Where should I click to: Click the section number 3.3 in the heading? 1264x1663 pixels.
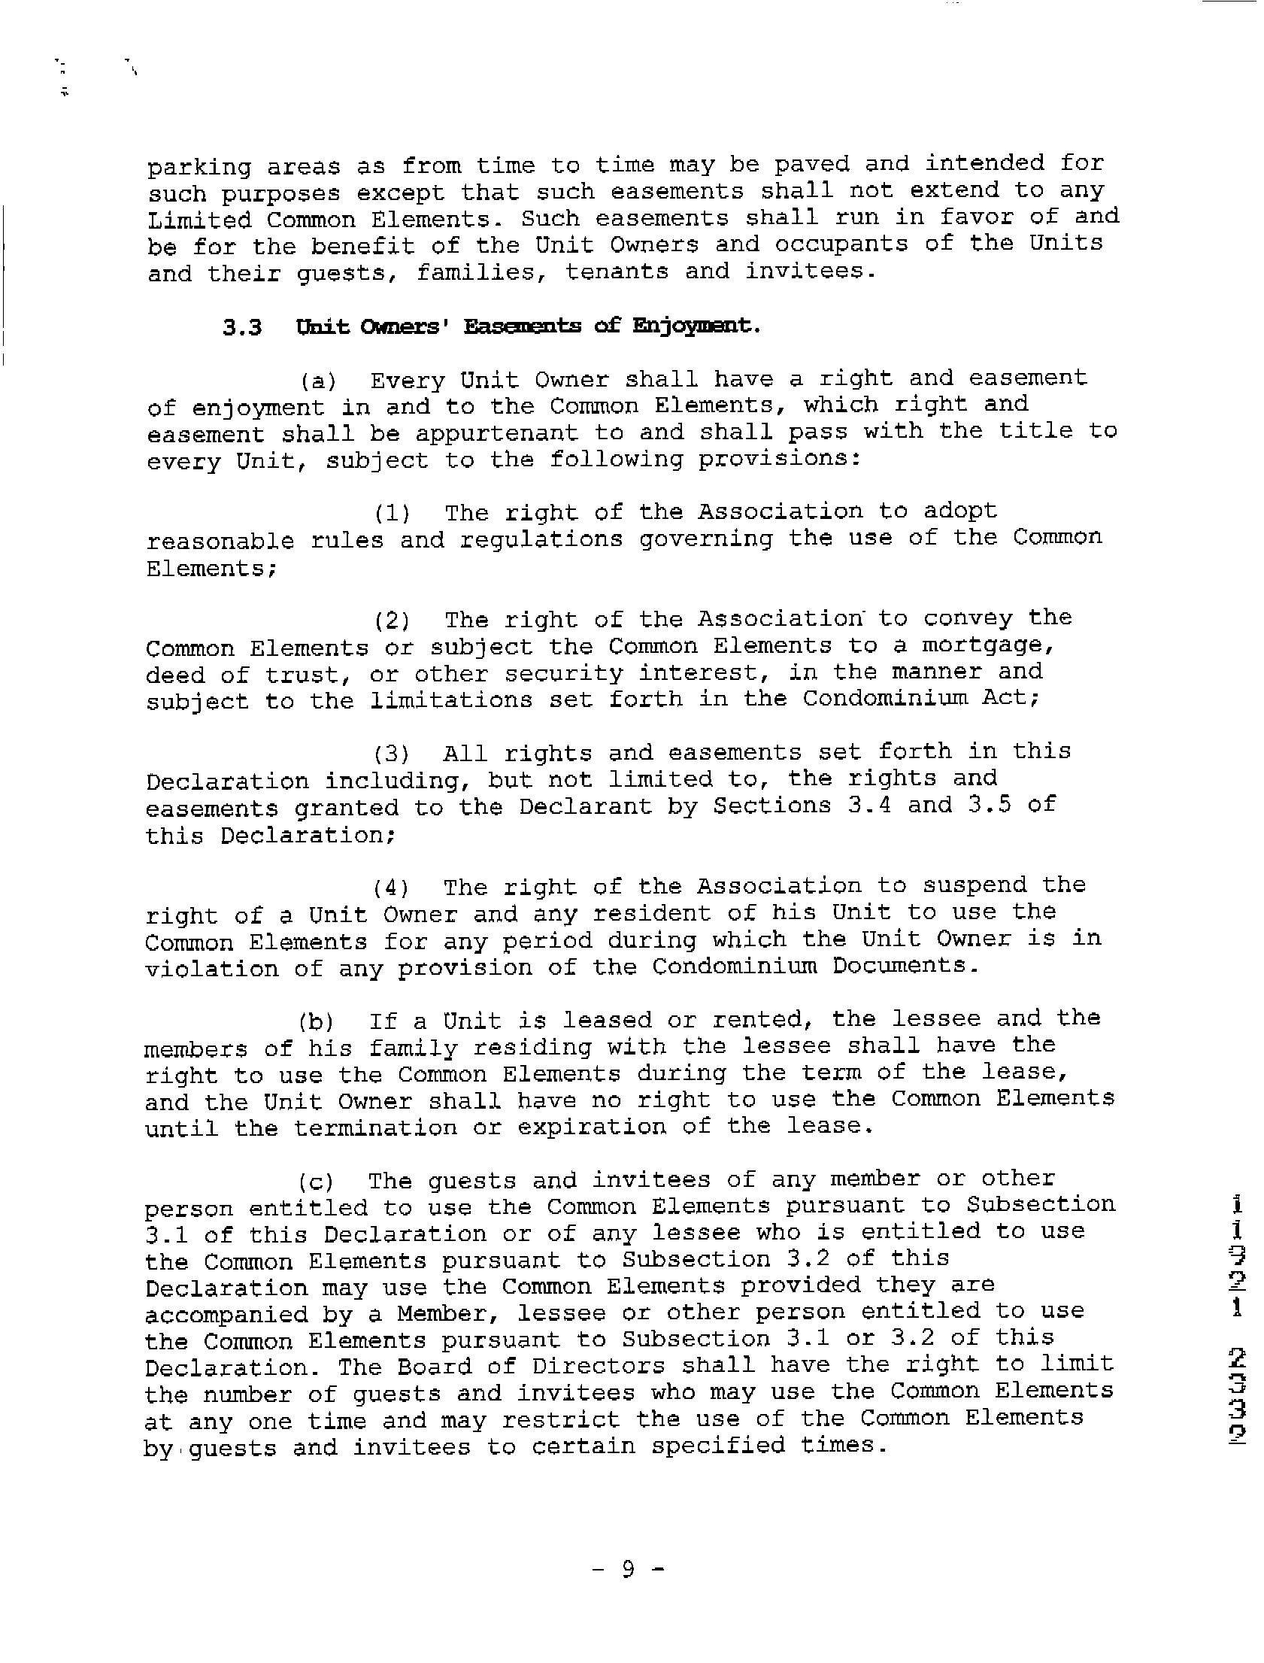(242, 328)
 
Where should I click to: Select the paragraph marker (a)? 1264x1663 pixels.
(318, 381)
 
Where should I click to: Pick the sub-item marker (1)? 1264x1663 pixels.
(392, 514)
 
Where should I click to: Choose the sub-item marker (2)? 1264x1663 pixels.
(392, 621)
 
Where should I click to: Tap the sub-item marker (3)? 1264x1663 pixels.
(391, 754)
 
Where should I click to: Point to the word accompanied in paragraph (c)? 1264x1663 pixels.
(226, 1315)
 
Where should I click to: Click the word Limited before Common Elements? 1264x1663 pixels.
(199, 220)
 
